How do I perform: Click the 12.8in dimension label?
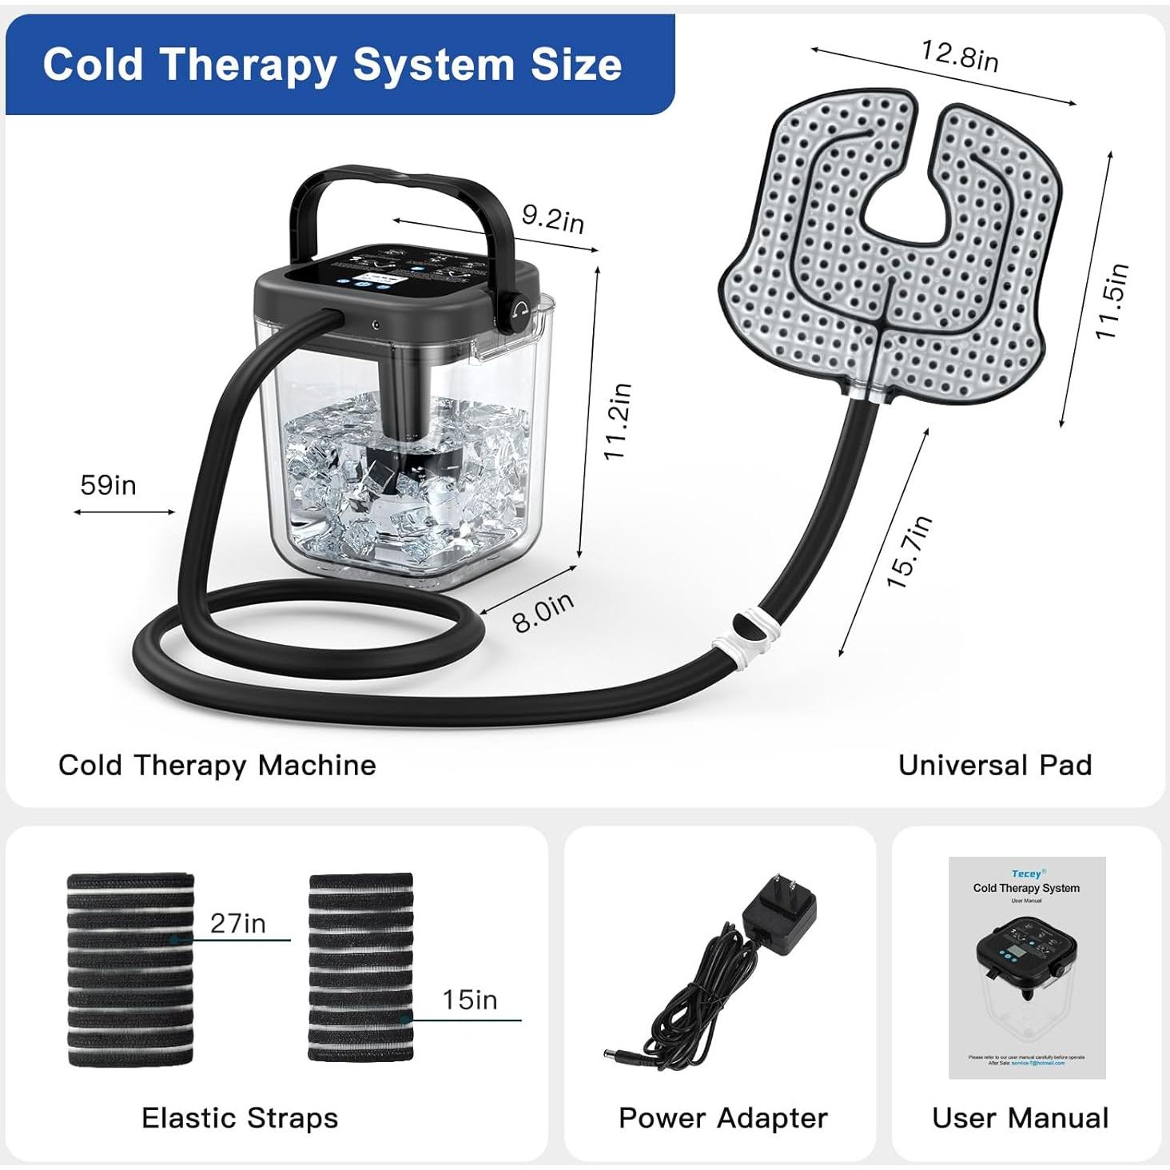959,55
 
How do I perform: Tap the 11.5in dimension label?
1112,300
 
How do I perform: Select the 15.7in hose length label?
909,552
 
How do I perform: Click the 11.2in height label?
618,421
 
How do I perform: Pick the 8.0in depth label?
543,612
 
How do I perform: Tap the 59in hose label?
108,485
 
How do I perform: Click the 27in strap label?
237,923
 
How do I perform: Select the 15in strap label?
469,999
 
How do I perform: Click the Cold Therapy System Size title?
332,64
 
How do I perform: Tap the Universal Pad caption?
994,765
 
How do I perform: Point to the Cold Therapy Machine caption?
217,765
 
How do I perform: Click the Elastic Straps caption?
240,1117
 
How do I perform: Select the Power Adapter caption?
722,1117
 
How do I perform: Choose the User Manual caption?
1020,1117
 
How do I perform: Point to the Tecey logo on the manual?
1027,874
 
